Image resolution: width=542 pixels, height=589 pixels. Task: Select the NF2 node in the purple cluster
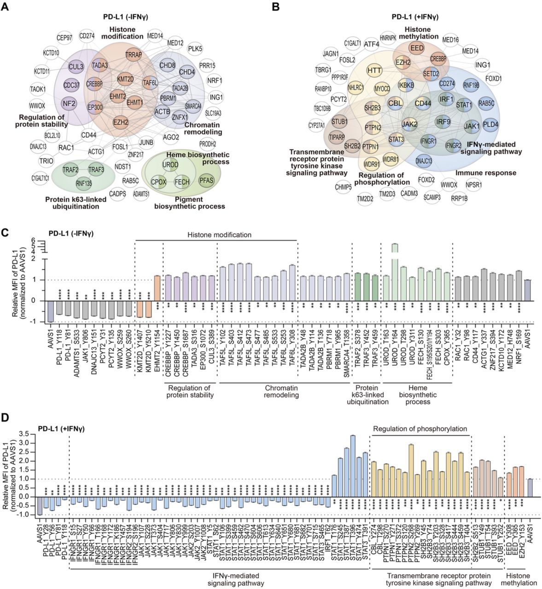pos(69,104)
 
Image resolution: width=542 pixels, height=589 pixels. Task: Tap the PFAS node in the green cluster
pos(205,181)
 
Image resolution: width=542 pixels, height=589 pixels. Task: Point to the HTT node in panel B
pos(373,70)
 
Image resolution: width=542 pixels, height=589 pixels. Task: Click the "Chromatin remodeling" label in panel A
pos(202,128)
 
